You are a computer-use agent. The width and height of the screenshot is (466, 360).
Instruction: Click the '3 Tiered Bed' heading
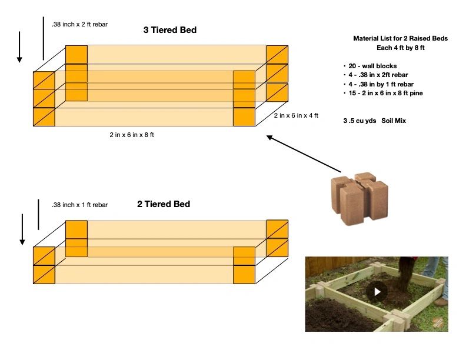[x=169, y=29]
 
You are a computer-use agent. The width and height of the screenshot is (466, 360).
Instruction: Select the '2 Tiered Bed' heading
[x=164, y=204]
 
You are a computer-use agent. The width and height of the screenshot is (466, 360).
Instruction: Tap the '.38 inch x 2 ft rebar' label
[x=79, y=24]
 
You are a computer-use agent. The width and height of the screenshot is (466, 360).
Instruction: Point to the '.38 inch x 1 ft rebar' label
[x=79, y=205]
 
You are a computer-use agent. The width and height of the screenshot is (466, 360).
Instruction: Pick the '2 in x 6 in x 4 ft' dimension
[x=295, y=116]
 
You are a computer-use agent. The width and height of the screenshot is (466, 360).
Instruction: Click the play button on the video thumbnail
[x=377, y=292]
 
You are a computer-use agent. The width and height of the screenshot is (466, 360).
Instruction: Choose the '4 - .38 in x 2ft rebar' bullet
[x=378, y=75]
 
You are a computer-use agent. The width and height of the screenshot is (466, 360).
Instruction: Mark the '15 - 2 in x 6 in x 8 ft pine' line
[x=385, y=93]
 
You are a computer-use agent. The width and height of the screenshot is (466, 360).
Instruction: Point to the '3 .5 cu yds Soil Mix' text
[x=374, y=121]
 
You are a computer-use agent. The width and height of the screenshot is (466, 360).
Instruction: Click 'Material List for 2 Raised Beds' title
[x=400, y=38]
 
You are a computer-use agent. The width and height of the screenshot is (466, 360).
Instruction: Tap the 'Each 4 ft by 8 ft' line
[x=400, y=48]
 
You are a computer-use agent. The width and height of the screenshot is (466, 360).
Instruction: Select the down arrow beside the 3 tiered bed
[x=19, y=47]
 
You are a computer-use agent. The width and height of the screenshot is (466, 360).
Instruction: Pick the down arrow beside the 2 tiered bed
[x=22, y=229]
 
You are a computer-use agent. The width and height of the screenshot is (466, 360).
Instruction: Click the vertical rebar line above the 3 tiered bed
[x=44, y=38]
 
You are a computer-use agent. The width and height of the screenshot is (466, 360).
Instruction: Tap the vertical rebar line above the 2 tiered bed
[x=38, y=214]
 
